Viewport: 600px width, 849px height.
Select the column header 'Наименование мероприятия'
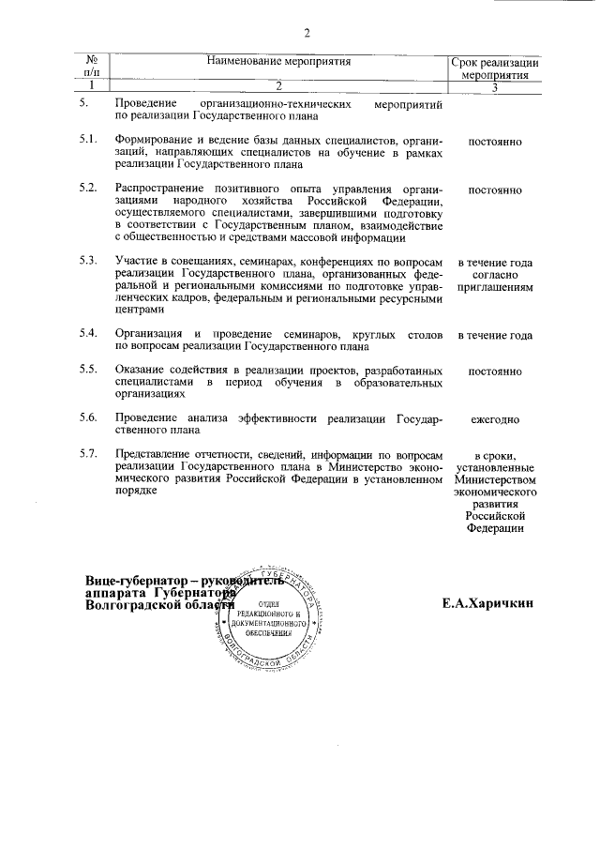pyautogui.click(x=279, y=62)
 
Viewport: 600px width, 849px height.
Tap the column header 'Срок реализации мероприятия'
pyautogui.click(x=496, y=68)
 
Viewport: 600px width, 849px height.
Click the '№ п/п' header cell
pyautogui.click(x=92, y=68)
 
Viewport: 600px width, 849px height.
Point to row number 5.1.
pyautogui.click(x=89, y=141)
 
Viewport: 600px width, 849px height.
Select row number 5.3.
pyautogui.click(x=89, y=260)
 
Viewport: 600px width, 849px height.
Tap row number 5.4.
pyautogui.click(x=89, y=333)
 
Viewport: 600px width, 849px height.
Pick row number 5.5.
pyautogui.click(x=89, y=369)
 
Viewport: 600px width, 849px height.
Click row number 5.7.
pyautogui.click(x=89, y=454)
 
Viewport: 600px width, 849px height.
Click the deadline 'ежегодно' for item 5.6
pyautogui.click(x=495, y=418)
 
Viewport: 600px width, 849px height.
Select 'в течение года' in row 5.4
pyautogui.click(x=495, y=335)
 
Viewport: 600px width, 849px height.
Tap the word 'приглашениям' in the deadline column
pyautogui.click(x=495, y=288)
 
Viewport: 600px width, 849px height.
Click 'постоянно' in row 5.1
pyautogui.click(x=495, y=142)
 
